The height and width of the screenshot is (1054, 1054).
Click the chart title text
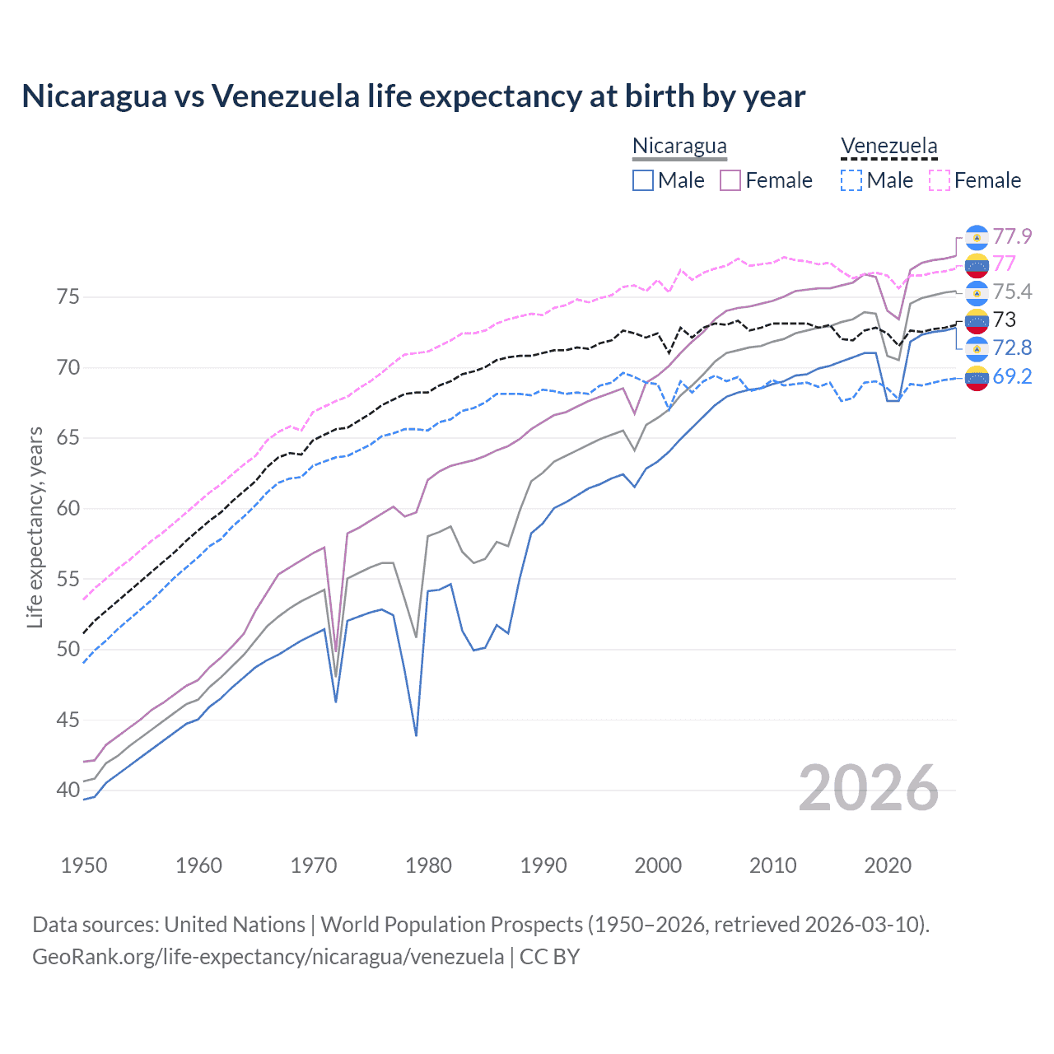click(x=413, y=96)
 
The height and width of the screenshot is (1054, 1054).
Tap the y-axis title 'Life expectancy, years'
click(x=35, y=527)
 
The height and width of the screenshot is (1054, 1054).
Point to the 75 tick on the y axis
click(x=68, y=296)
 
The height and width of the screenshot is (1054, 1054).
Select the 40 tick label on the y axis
click(x=68, y=790)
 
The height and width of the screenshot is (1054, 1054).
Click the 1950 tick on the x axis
click(x=84, y=865)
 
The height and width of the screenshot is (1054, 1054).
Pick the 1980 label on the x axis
click(x=428, y=865)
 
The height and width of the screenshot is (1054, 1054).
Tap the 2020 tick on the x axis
click(x=888, y=865)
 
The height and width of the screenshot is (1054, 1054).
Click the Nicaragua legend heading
click(x=679, y=146)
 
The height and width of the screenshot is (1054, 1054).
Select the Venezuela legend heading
click(x=888, y=146)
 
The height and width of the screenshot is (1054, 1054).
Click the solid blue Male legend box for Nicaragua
click(x=643, y=180)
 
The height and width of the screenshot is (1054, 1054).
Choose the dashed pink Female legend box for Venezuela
click(x=940, y=180)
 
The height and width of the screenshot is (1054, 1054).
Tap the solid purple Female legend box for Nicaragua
click(x=730, y=180)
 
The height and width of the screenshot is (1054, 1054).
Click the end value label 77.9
click(x=1012, y=236)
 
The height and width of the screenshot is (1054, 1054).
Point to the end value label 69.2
click(x=1012, y=376)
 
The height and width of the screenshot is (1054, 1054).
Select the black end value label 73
click(x=1005, y=319)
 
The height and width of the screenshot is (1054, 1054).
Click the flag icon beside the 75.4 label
click(x=977, y=292)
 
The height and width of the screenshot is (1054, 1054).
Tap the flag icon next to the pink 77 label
click(x=977, y=264)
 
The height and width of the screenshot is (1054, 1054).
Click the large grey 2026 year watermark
click(x=869, y=789)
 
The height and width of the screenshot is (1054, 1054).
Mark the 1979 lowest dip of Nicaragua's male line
click(x=416, y=735)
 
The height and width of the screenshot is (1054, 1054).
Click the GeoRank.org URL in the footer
click(x=268, y=957)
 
